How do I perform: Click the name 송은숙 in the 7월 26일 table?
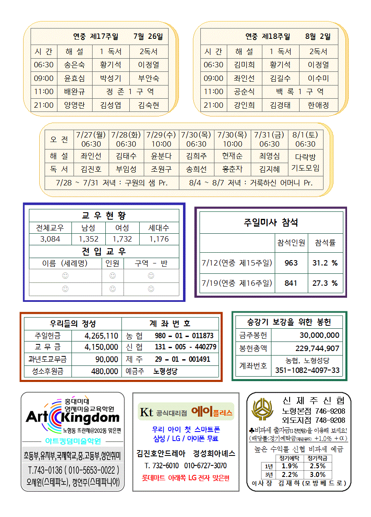[x=74, y=65]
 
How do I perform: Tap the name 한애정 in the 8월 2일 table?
[x=318, y=105]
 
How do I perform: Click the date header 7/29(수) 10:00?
[x=161, y=139]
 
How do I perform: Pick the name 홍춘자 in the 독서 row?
[x=232, y=169]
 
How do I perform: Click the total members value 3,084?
[x=50, y=239]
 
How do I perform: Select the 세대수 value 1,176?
[x=159, y=239]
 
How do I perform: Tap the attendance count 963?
[x=291, y=263]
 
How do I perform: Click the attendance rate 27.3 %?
[x=325, y=283]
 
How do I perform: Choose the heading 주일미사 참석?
[x=271, y=223]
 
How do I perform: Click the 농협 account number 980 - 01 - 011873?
[x=184, y=336]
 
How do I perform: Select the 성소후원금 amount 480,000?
[x=105, y=371]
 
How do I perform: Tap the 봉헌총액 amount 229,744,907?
[x=317, y=348]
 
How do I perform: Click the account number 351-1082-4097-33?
[x=307, y=370]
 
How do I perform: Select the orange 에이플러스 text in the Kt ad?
[x=212, y=412]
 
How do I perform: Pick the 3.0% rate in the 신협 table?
[x=317, y=474]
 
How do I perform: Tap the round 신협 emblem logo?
[x=262, y=409]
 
